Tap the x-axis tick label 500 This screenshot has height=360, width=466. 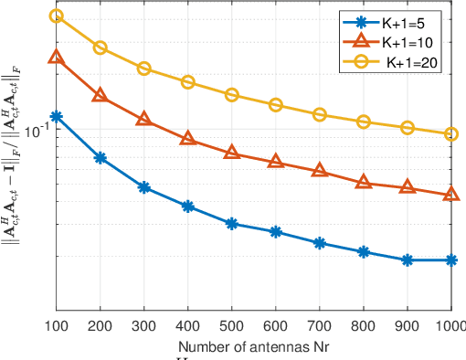pos(232,327)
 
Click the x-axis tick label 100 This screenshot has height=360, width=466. pos(57,327)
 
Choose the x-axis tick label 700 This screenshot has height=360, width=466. pos(320,327)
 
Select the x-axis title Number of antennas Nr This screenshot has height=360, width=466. pos(254,346)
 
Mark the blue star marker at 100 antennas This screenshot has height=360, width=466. pos(57,117)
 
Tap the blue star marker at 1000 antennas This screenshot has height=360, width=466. pos(451,260)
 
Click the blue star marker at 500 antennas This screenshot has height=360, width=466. pos(232,223)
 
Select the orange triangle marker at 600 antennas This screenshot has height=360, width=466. pos(276,163)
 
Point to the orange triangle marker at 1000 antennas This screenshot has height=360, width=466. pos(451,195)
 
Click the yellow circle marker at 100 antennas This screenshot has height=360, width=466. pos(57,16)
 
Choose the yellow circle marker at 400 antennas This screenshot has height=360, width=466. pos(188,82)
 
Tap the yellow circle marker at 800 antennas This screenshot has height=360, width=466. pos(364,122)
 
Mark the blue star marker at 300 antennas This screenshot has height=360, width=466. pos(144,187)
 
